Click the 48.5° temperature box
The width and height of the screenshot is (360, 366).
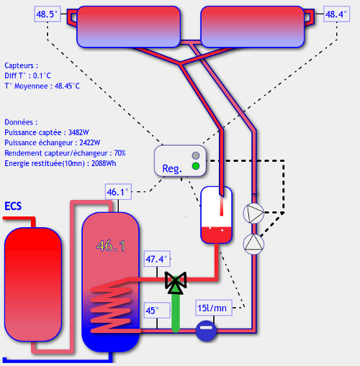48,14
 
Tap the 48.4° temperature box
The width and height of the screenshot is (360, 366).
336,14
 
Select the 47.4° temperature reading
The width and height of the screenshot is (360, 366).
157,259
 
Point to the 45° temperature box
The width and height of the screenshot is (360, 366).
157,311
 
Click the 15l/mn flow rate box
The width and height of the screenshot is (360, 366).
214,308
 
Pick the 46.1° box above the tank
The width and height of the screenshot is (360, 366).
118,192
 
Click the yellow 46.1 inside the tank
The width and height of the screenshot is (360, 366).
111,246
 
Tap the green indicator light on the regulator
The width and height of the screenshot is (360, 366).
196,166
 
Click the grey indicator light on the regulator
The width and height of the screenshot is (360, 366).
196,155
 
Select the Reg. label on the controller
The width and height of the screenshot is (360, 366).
172,169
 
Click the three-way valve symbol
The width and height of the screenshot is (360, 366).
176,283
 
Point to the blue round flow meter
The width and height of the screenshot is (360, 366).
206,331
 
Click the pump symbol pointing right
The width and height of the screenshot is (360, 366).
253,213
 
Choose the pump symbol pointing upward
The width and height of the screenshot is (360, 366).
253,244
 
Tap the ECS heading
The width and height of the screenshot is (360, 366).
13,206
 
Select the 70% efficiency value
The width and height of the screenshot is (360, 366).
120,153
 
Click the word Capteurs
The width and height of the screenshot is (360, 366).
19,65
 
